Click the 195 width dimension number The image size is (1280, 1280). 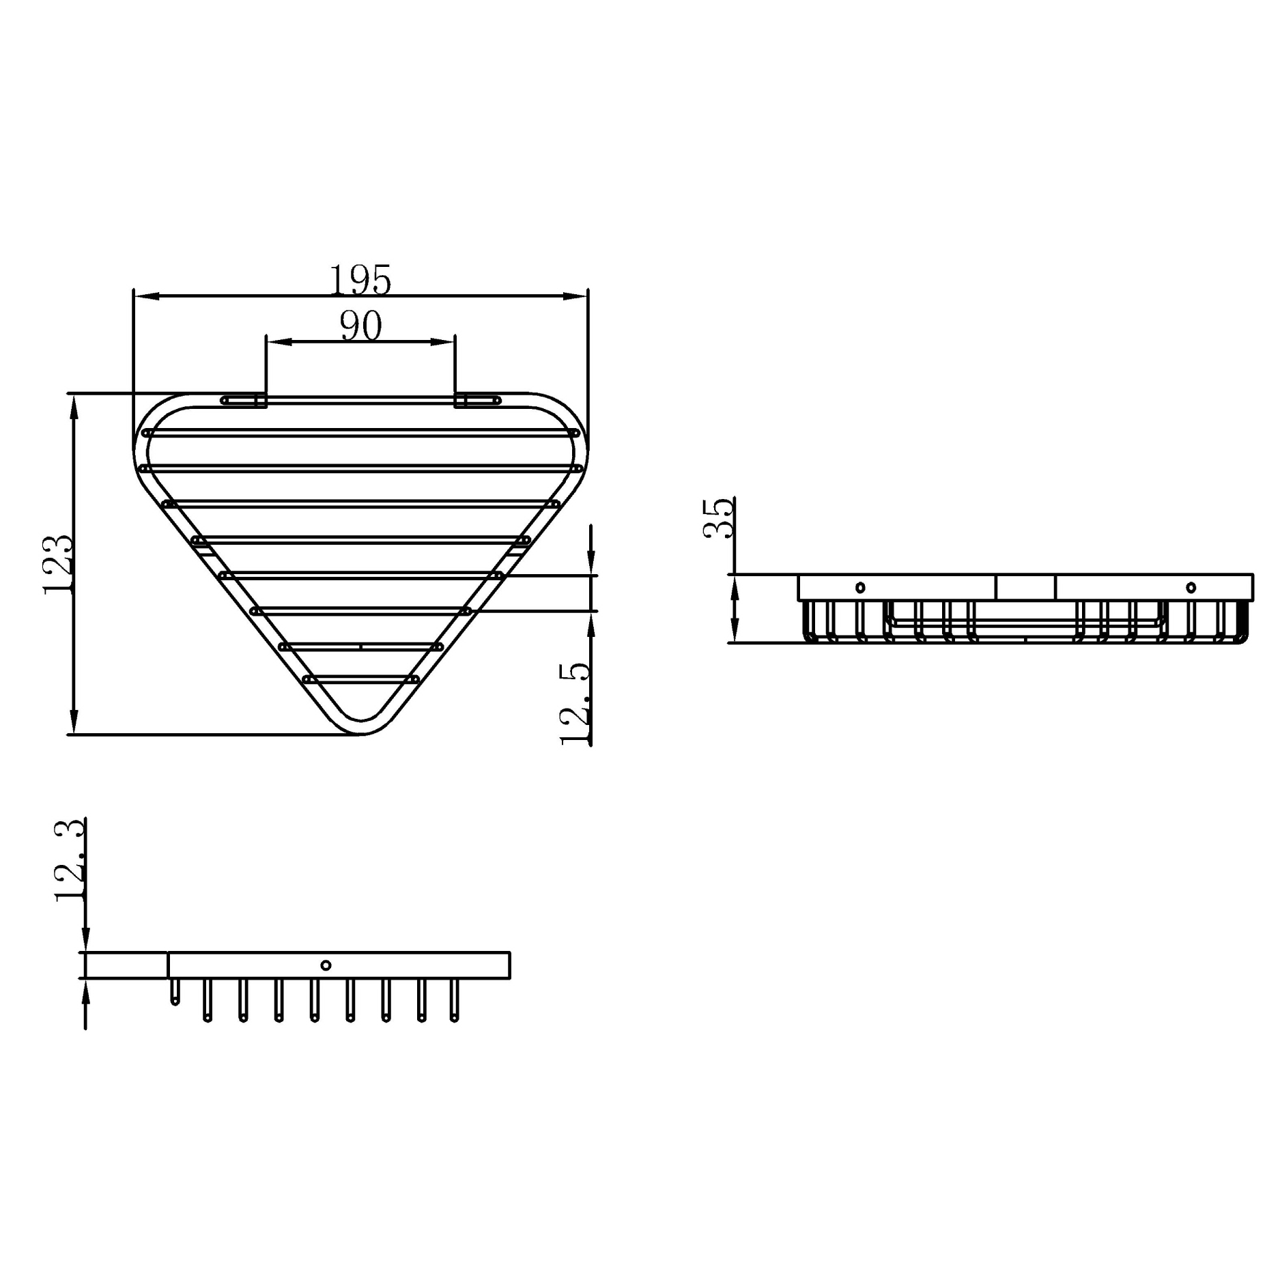(x=360, y=280)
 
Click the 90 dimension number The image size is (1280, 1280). (x=360, y=326)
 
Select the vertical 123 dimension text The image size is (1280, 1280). (x=58, y=565)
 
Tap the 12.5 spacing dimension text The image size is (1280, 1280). (x=575, y=704)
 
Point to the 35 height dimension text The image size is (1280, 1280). (x=719, y=518)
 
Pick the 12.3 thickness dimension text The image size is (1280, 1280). (x=70, y=862)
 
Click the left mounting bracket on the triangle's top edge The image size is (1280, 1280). (x=244, y=401)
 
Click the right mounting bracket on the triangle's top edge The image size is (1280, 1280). (x=477, y=401)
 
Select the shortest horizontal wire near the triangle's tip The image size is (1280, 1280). (x=360, y=679)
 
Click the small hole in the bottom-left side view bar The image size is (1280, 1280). (x=326, y=965)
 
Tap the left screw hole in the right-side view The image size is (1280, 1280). (x=860, y=587)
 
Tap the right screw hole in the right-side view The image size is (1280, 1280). (x=1191, y=587)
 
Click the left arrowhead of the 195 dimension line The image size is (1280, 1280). (x=145, y=296)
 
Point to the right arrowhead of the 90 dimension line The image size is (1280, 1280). (x=444, y=342)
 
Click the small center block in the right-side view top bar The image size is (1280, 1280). (x=1025, y=588)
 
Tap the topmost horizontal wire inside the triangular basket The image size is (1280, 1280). (x=360, y=433)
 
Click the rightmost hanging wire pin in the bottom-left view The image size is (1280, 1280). (x=455, y=1000)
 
